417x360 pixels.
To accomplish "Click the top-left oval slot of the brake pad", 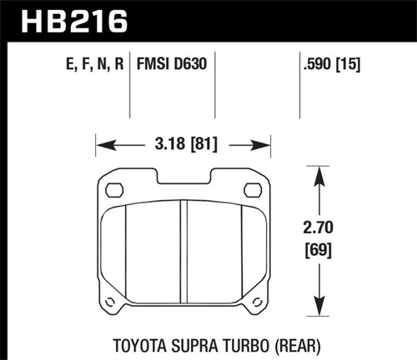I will tap(113, 191).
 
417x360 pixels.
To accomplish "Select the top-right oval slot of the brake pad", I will tap(251, 191).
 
